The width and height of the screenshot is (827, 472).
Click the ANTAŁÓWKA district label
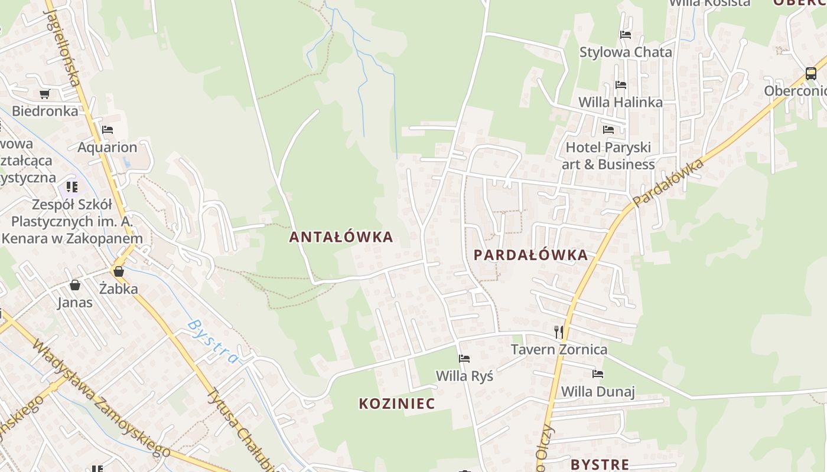click(x=341, y=237)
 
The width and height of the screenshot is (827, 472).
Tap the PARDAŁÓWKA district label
click(x=530, y=255)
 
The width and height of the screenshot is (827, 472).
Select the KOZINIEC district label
click(x=397, y=404)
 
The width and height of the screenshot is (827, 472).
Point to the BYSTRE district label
click(x=600, y=464)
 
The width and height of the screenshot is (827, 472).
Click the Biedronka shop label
click(x=45, y=111)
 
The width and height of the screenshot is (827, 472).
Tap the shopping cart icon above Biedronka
click(x=44, y=94)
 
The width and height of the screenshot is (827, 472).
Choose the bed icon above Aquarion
click(x=107, y=130)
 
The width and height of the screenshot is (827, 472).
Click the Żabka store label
click(x=118, y=289)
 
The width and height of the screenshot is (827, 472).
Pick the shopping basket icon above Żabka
click(x=119, y=271)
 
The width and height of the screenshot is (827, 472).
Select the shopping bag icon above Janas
click(x=75, y=286)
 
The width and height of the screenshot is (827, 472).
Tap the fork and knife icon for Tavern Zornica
click(x=559, y=332)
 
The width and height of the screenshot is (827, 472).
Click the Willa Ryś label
click(x=464, y=376)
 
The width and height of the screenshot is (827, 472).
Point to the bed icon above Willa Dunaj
click(x=598, y=374)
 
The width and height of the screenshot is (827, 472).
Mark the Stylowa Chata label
click(x=626, y=52)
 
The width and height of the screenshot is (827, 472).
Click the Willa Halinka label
click(x=620, y=102)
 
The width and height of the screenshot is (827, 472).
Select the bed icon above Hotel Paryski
click(x=608, y=130)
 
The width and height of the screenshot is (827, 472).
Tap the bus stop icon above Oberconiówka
click(x=811, y=74)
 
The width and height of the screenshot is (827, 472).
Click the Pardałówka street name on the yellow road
click(x=668, y=182)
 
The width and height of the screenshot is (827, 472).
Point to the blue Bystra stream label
click(x=213, y=341)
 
